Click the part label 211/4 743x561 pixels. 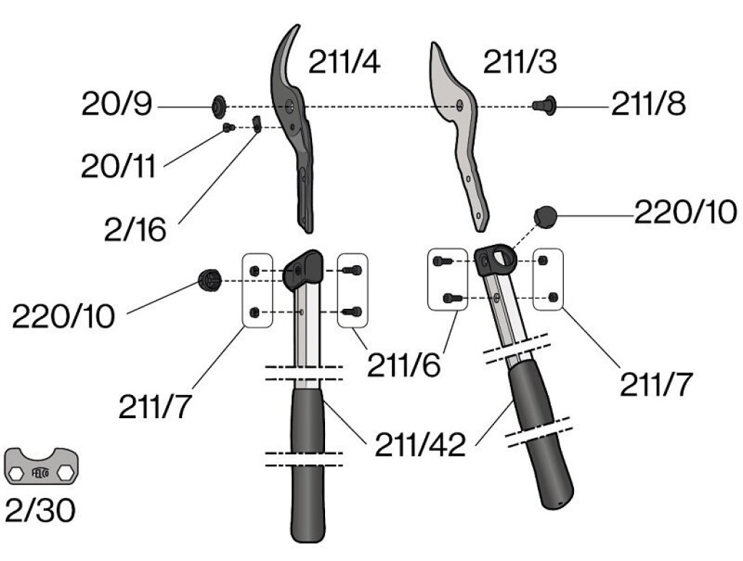[344, 62]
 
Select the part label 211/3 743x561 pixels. [520, 62]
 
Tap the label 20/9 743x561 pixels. [117, 104]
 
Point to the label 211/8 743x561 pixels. [648, 104]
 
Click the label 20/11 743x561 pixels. [118, 166]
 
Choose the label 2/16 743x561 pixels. [135, 230]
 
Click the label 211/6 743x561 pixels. [403, 365]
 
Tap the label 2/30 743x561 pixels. [41, 510]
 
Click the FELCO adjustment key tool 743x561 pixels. [41, 466]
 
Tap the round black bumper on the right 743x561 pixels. [546, 216]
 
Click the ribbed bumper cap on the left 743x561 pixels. [210, 280]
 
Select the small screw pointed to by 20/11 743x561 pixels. [229, 128]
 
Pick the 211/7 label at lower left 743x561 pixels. [155, 407]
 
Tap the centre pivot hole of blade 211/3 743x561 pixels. [459, 106]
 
